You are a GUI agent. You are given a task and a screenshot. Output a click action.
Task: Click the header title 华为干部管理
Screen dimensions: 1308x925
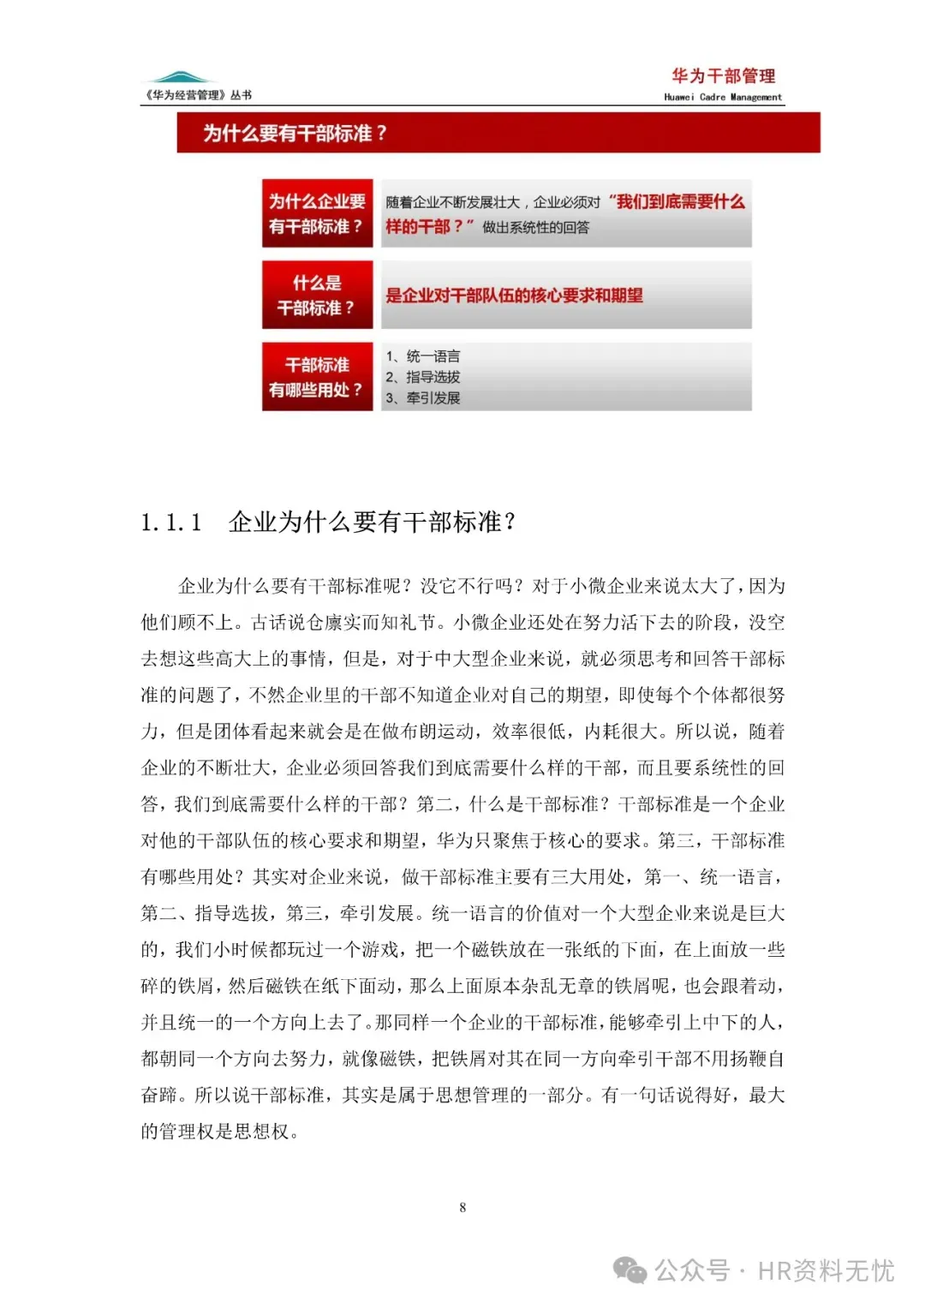click(723, 76)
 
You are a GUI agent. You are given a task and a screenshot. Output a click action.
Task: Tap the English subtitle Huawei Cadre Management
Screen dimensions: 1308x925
click(723, 98)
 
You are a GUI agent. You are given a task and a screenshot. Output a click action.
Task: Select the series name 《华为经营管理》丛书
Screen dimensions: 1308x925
click(199, 95)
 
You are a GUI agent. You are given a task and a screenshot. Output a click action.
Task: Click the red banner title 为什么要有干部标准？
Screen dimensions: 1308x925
click(295, 134)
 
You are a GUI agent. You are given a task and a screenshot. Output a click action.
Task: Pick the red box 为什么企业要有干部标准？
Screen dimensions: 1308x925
click(317, 213)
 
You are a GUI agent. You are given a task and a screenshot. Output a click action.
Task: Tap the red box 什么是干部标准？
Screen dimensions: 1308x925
click(317, 295)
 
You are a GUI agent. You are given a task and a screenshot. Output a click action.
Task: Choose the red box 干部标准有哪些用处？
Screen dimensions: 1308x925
click(317, 377)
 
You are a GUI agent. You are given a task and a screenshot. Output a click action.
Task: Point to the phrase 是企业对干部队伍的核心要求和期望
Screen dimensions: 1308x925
click(514, 296)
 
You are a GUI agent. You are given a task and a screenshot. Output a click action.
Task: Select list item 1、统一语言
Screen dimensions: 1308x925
click(423, 356)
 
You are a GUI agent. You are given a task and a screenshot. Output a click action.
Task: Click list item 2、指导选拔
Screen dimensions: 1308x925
click(423, 377)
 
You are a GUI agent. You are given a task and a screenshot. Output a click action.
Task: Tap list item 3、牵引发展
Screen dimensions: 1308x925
click(423, 398)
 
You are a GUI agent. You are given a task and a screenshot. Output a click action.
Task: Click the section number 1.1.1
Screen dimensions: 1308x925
click(171, 523)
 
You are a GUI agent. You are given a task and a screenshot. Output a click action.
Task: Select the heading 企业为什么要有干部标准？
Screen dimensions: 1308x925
click(372, 523)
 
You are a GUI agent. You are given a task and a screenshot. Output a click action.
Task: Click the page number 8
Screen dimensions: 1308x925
click(462, 1208)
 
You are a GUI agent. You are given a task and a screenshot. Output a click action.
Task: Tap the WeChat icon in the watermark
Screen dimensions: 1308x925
click(630, 1270)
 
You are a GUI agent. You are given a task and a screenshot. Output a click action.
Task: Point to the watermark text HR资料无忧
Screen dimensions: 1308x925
click(826, 1270)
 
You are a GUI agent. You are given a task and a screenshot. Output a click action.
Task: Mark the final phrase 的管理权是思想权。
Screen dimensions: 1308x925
click(220, 1132)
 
